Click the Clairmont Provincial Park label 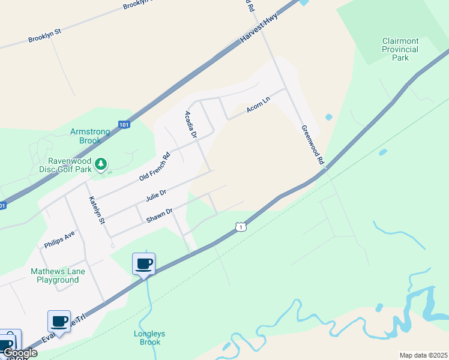pyautogui.click(x=400, y=49)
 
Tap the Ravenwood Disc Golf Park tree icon pyautogui.click(x=101, y=163)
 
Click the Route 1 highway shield pyautogui.click(x=240, y=227)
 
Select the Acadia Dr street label pyautogui.click(x=191, y=125)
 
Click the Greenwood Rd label pyautogui.click(x=313, y=145)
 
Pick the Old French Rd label pyautogui.click(x=155, y=167)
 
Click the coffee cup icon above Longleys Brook pyautogui.click(x=144, y=263)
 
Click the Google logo pyautogui.click(x=20, y=353)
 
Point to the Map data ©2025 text pyautogui.click(x=423, y=355)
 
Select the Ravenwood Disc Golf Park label pyautogui.click(x=70, y=165)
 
